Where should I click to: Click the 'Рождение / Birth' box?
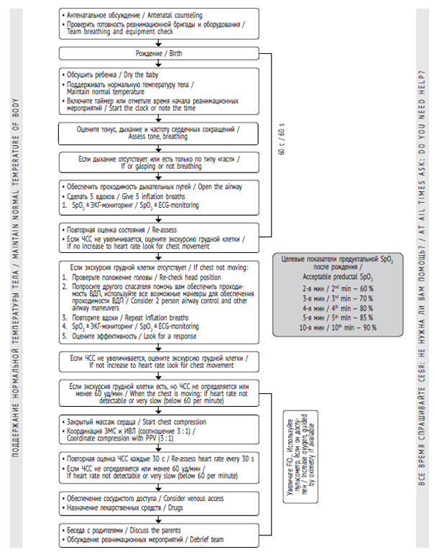pos(156,54)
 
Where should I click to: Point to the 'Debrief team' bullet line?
pos(139,538)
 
